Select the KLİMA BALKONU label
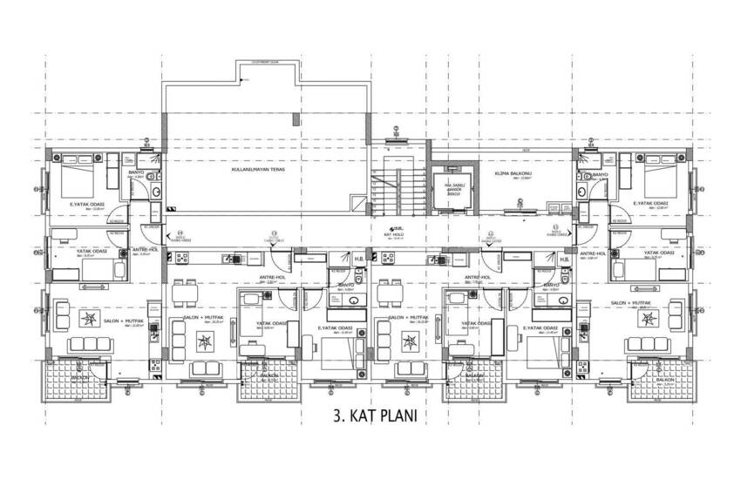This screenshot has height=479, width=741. tap(508, 174)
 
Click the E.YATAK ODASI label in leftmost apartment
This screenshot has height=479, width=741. tap(87, 205)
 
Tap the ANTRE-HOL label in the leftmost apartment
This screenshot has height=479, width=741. tap(144, 250)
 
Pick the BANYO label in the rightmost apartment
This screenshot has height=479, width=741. tap(599, 175)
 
